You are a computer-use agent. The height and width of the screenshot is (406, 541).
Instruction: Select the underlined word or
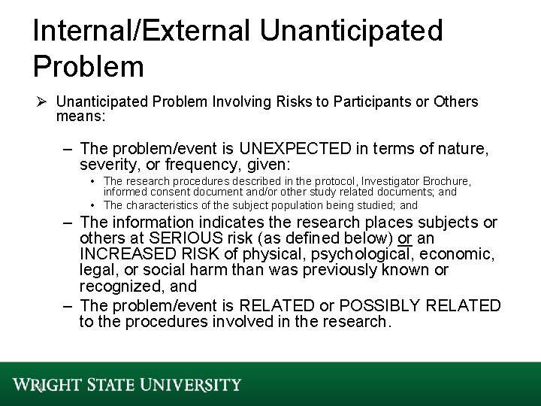pos(405,239)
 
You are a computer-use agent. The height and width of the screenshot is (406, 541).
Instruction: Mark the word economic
pos(455,255)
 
